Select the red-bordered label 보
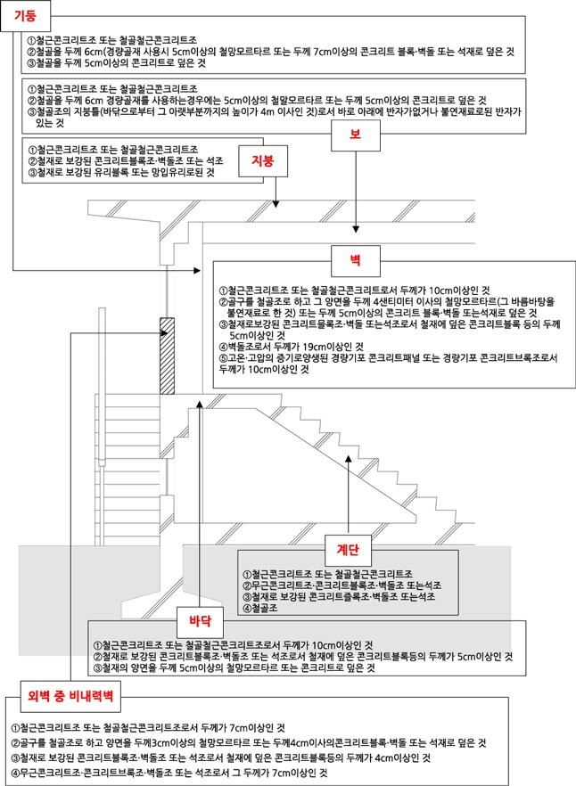[x=356, y=135]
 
